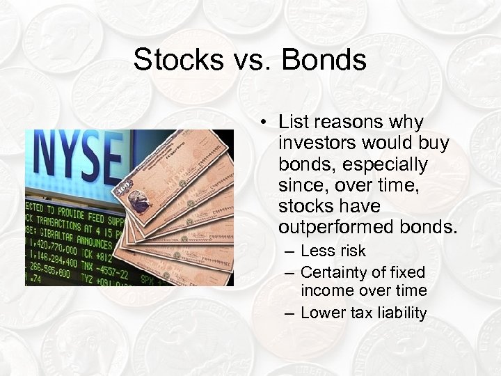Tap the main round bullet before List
click(x=265, y=123)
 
